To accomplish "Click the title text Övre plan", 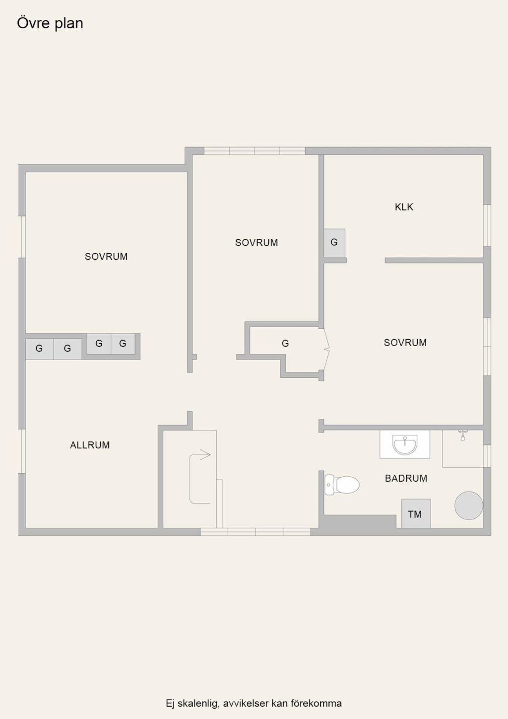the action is click(x=50, y=24).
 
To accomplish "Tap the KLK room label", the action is click(x=404, y=207).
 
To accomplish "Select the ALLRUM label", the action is click(x=90, y=445).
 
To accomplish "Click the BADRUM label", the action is click(x=406, y=478).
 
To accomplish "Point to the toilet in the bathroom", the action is click(x=342, y=485).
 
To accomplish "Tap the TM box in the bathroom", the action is click(x=416, y=513).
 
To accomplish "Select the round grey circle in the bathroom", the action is click(x=468, y=505).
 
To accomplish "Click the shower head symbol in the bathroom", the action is click(x=462, y=435).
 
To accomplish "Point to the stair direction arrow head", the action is click(x=205, y=455).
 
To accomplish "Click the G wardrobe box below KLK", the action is click(x=334, y=243).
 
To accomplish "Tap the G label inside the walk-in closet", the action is click(x=285, y=344).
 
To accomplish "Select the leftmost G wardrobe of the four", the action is click(x=40, y=349).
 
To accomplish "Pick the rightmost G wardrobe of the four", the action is click(x=123, y=344).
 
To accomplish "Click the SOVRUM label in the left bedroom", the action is click(x=106, y=256).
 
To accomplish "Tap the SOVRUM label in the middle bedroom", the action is click(x=256, y=243).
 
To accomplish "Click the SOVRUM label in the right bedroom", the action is click(x=405, y=343).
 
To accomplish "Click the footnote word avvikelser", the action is click(x=246, y=703).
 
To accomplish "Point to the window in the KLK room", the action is click(x=487, y=225).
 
